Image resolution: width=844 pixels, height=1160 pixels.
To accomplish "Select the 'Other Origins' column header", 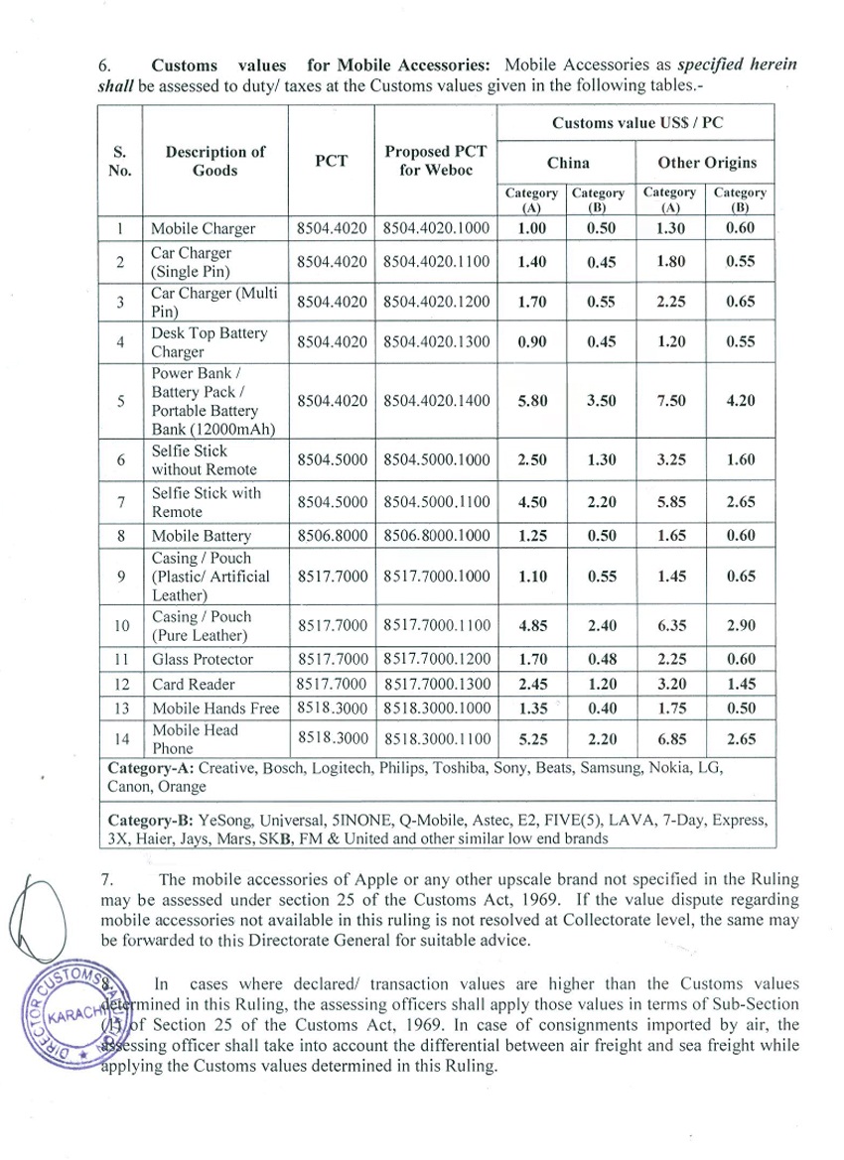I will point(707,163).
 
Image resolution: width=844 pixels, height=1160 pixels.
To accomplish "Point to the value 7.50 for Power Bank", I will point(668,402).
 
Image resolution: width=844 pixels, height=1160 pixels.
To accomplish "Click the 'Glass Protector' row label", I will point(203,659).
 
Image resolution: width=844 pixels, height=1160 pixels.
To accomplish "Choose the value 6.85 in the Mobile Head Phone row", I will point(668,739).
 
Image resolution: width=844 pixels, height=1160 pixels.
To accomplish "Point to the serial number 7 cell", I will point(119,502).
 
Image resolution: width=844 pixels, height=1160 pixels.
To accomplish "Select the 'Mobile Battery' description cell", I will point(202,537).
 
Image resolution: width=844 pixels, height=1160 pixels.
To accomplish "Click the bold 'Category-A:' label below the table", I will point(149,769).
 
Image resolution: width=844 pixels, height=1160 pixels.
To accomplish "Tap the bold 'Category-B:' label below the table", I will point(149,821).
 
